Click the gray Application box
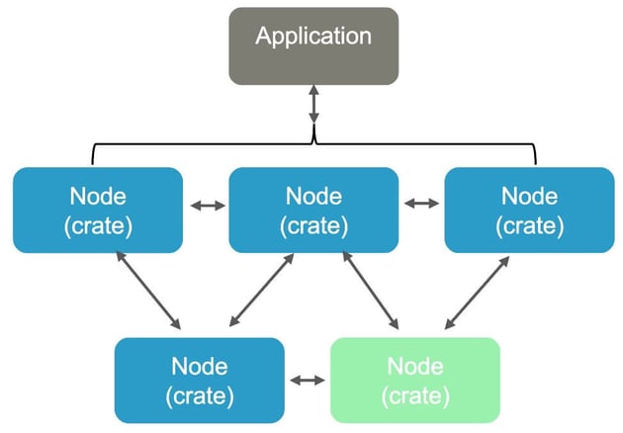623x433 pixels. point(313,45)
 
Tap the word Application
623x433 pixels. point(313,37)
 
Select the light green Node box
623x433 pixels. point(415,380)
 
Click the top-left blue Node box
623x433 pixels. point(98,210)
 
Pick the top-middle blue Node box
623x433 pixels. point(313,210)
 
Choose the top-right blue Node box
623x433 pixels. point(529,210)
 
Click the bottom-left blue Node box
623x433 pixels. point(200,380)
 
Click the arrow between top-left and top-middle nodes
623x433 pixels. point(207,205)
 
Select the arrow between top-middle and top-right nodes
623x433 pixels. point(422,204)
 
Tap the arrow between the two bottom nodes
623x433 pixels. point(308,379)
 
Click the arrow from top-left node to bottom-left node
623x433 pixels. point(149,290)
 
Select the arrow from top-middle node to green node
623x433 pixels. point(370,290)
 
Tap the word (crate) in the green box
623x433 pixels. point(415,395)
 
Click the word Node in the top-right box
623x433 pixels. point(529,195)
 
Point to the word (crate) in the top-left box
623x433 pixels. point(98,225)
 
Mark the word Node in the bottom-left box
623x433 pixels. point(200,365)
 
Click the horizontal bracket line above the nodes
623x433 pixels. point(198,142)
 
